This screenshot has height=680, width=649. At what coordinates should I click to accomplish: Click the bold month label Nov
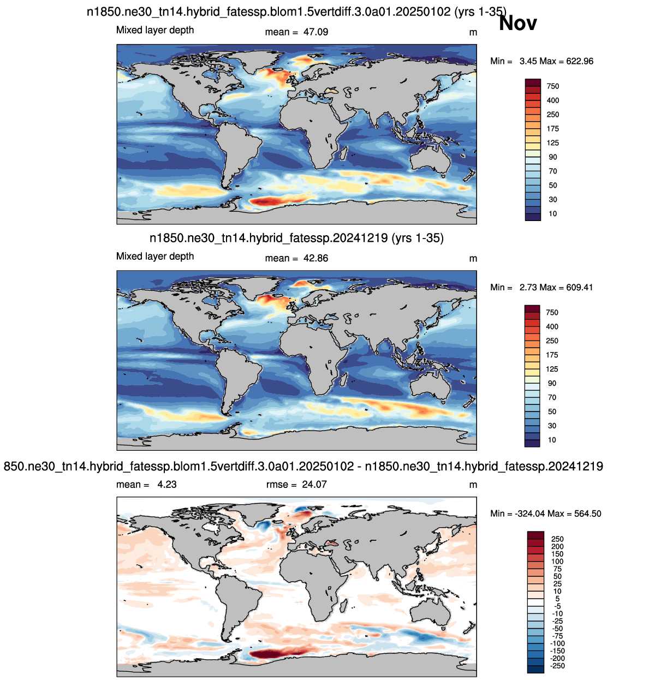click(517, 23)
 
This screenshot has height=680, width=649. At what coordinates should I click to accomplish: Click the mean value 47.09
click(315, 32)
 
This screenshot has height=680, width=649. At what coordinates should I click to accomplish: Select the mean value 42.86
click(315, 258)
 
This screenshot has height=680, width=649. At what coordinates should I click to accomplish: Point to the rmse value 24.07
click(314, 484)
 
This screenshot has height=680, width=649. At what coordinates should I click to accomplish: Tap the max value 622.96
click(580, 61)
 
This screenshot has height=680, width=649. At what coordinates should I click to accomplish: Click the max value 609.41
click(580, 288)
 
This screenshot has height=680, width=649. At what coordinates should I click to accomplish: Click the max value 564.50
click(588, 514)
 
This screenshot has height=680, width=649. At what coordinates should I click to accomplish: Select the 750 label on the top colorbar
click(553, 86)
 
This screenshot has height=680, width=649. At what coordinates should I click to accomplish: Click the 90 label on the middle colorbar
click(552, 383)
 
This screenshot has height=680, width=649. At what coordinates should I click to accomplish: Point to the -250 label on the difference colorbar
click(557, 666)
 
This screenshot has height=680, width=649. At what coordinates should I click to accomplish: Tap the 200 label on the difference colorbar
click(557, 546)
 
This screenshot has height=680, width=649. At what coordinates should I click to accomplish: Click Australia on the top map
click(430, 159)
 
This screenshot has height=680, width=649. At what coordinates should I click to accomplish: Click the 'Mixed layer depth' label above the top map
click(155, 30)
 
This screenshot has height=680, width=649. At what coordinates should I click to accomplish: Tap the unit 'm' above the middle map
click(473, 259)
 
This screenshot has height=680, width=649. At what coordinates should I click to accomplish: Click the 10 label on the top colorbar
click(553, 214)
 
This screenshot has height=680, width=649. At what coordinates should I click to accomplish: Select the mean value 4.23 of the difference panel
click(166, 484)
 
